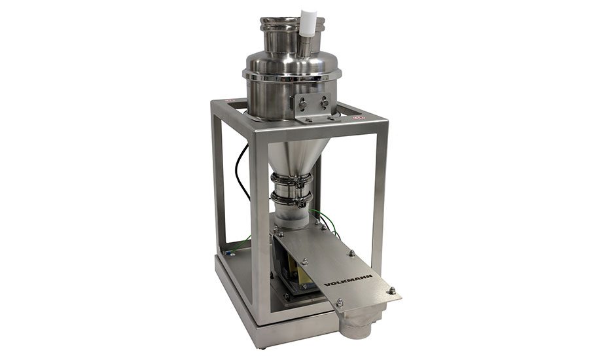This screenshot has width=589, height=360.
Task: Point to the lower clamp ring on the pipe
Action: point(291,199)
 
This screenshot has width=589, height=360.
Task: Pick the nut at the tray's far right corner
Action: point(391,291)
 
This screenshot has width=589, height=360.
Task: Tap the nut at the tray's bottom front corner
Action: point(340,302)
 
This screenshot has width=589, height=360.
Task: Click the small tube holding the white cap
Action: point(305,45)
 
